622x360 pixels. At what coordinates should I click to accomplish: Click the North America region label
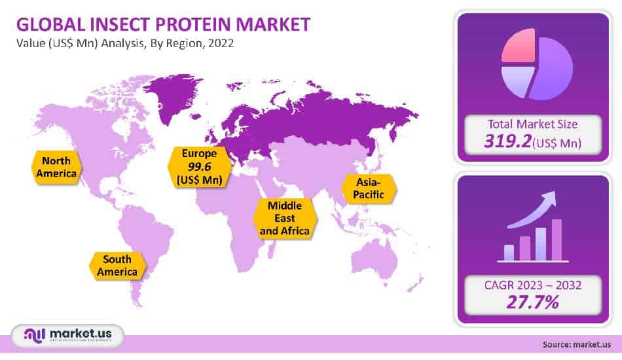[x=56, y=167]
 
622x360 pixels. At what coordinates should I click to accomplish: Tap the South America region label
[x=117, y=265]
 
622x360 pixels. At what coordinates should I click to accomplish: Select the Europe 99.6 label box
[x=198, y=166]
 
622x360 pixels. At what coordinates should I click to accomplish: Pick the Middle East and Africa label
[x=284, y=218]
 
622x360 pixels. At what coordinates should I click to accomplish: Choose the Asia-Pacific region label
[x=369, y=188]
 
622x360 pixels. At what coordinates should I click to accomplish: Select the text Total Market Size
[x=533, y=122]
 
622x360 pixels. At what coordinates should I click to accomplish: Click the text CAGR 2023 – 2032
[x=532, y=285]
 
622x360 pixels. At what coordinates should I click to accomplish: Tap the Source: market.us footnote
[x=576, y=344]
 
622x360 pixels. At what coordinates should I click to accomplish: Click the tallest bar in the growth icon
[x=557, y=240]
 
